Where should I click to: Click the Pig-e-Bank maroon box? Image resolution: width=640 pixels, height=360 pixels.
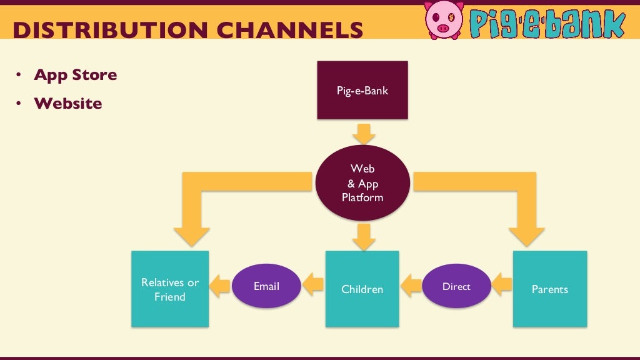point(362,90)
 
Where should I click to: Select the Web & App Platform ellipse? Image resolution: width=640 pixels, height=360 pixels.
point(362,183)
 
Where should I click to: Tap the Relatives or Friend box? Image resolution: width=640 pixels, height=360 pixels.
point(170,289)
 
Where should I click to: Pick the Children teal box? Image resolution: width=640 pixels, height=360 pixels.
point(362,289)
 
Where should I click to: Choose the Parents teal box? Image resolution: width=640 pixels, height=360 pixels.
point(550,289)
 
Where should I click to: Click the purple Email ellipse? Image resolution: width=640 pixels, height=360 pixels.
point(266,286)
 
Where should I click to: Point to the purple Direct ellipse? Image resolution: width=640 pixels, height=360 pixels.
point(456,286)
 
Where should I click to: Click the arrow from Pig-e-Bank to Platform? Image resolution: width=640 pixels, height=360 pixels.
point(362,133)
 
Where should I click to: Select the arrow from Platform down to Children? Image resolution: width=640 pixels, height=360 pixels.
point(362,236)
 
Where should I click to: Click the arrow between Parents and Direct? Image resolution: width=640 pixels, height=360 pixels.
point(502,286)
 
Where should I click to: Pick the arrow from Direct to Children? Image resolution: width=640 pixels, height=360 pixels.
point(411,286)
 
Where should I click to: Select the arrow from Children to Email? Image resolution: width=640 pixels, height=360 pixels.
point(313,286)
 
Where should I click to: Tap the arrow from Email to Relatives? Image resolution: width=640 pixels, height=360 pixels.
point(219,286)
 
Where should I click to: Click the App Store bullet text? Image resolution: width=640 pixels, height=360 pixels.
point(75,75)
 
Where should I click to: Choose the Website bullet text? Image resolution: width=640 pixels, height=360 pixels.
point(67,103)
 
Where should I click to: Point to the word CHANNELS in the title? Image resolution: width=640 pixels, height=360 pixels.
point(294,30)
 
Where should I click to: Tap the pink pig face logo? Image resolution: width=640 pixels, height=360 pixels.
point(444,19)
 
